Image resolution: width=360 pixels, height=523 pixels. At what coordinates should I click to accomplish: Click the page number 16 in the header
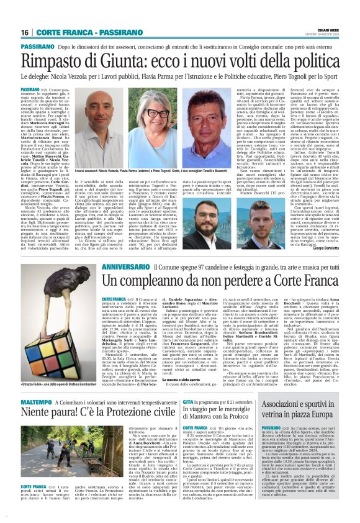pyautogui.click(x=25, y=32)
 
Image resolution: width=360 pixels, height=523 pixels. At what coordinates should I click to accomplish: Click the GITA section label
pyautogui.click(x=189, y=402)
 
